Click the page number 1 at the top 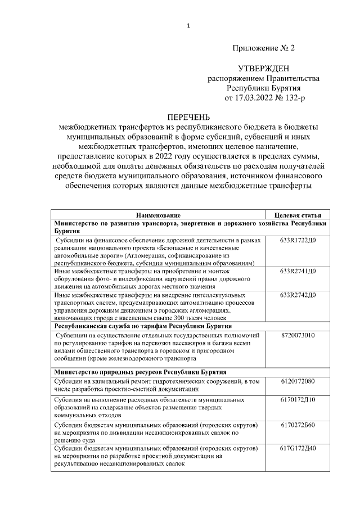pos(188,26)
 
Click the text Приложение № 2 pos(263,48)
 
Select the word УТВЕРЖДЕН pos(264,69)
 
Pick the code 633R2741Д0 pos(298,272)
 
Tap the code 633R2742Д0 pos(298,295)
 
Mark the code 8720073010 pos(298,335)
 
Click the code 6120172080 pos(298,381)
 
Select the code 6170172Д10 pos(298,400)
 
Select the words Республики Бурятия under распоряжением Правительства pos(264,88)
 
